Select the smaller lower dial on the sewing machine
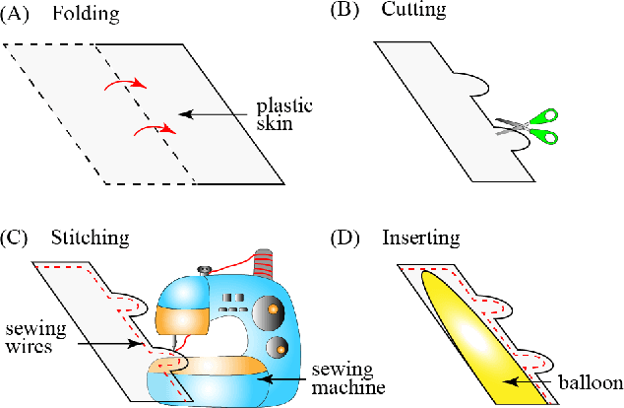(281, 347)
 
